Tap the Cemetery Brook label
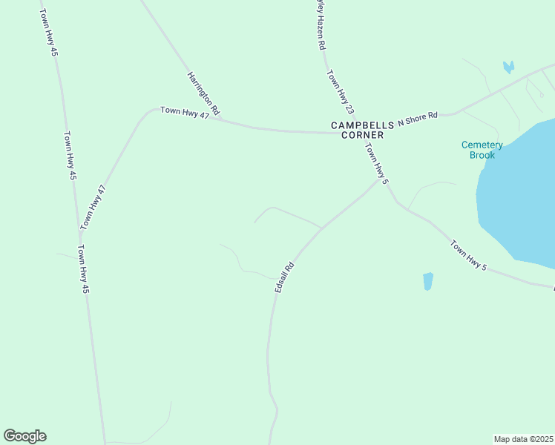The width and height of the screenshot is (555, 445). coord(482,150)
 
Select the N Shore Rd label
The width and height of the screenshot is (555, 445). coord(418,118)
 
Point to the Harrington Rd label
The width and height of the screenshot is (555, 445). coord(203,93)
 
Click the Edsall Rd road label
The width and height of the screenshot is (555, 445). coord(284,276)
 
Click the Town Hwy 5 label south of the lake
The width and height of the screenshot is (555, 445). coord(468,254)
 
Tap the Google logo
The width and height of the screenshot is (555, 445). coord(24,436)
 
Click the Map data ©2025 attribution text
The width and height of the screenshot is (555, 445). coord(524,439)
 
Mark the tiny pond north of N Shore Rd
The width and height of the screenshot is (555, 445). coord(508,67)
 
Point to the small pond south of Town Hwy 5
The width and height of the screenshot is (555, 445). coord(427,281)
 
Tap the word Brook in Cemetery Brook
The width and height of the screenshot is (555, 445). coord(482,155)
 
